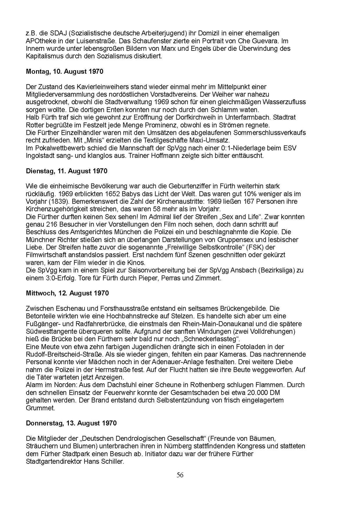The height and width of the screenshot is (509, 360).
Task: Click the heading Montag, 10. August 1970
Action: [65, 71]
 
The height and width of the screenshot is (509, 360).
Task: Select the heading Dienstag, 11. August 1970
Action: [67, 171]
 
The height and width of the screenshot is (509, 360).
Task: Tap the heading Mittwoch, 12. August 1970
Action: [67, 293]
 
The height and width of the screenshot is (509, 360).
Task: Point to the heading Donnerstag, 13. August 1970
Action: [71, 423]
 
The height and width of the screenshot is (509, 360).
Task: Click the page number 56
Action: [180, 475]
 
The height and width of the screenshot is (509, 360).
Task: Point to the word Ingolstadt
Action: [40, 156]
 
